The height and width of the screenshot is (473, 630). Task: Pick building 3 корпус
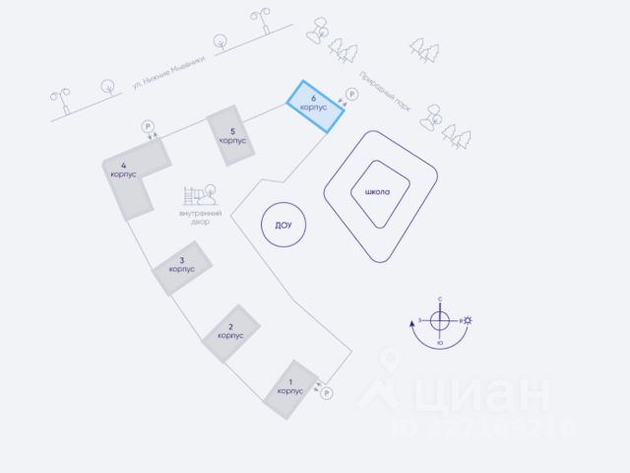(x=181, y=266)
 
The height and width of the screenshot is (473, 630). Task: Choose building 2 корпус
(x=230, y=330)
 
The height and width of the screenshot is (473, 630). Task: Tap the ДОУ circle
(x=283, y=226)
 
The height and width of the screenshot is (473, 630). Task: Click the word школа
(x=378, y=191)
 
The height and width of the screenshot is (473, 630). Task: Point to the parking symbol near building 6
(x=351, y=95)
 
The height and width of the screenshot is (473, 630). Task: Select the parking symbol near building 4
(x=148, y=126)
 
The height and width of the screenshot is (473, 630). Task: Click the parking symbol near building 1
(x=327, y=393)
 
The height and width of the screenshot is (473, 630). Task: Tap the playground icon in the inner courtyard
(x=202, y=194)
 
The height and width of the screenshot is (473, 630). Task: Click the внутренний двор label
(x=201, y=217)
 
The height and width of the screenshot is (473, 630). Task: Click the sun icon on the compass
(x=470, y=320)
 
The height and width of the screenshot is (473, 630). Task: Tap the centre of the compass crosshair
(x=440, y=320)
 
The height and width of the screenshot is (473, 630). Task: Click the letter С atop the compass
(x=440, y=299)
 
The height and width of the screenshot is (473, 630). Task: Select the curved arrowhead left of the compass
(x=411, y=320)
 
